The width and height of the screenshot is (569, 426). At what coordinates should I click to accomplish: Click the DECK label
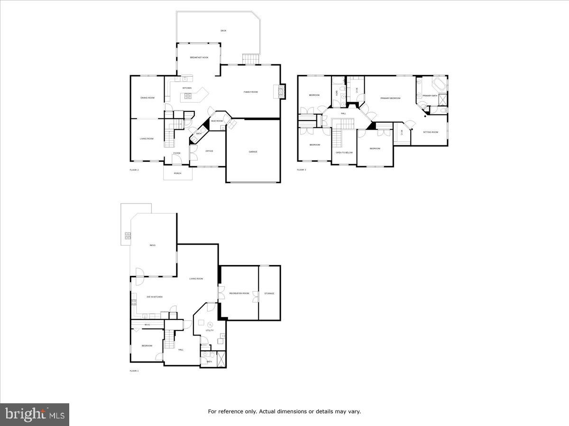223,31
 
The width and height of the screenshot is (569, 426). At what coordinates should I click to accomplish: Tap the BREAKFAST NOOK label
199,57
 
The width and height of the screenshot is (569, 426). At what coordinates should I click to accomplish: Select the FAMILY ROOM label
250,92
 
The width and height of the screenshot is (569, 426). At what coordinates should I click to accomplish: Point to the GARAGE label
253,151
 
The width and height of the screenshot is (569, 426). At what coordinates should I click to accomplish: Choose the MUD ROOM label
217,121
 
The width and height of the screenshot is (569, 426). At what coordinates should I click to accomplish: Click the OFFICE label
209,151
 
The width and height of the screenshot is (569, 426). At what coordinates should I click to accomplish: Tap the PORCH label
178,173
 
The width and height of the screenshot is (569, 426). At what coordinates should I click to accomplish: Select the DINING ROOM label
147,98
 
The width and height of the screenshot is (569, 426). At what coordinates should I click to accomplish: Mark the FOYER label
176,153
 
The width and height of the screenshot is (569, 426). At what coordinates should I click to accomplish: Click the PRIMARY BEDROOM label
390,98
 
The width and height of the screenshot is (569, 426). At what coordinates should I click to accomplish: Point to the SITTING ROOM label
431,132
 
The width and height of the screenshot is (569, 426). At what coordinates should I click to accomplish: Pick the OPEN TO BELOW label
344,152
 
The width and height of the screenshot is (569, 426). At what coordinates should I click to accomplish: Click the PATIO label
153,245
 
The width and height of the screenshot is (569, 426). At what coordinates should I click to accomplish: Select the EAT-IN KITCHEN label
155,297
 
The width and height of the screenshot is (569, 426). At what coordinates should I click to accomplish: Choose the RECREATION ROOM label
239,293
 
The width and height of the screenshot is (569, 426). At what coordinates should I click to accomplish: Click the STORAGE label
269,293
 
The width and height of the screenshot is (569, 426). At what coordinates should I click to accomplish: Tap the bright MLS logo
35,415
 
